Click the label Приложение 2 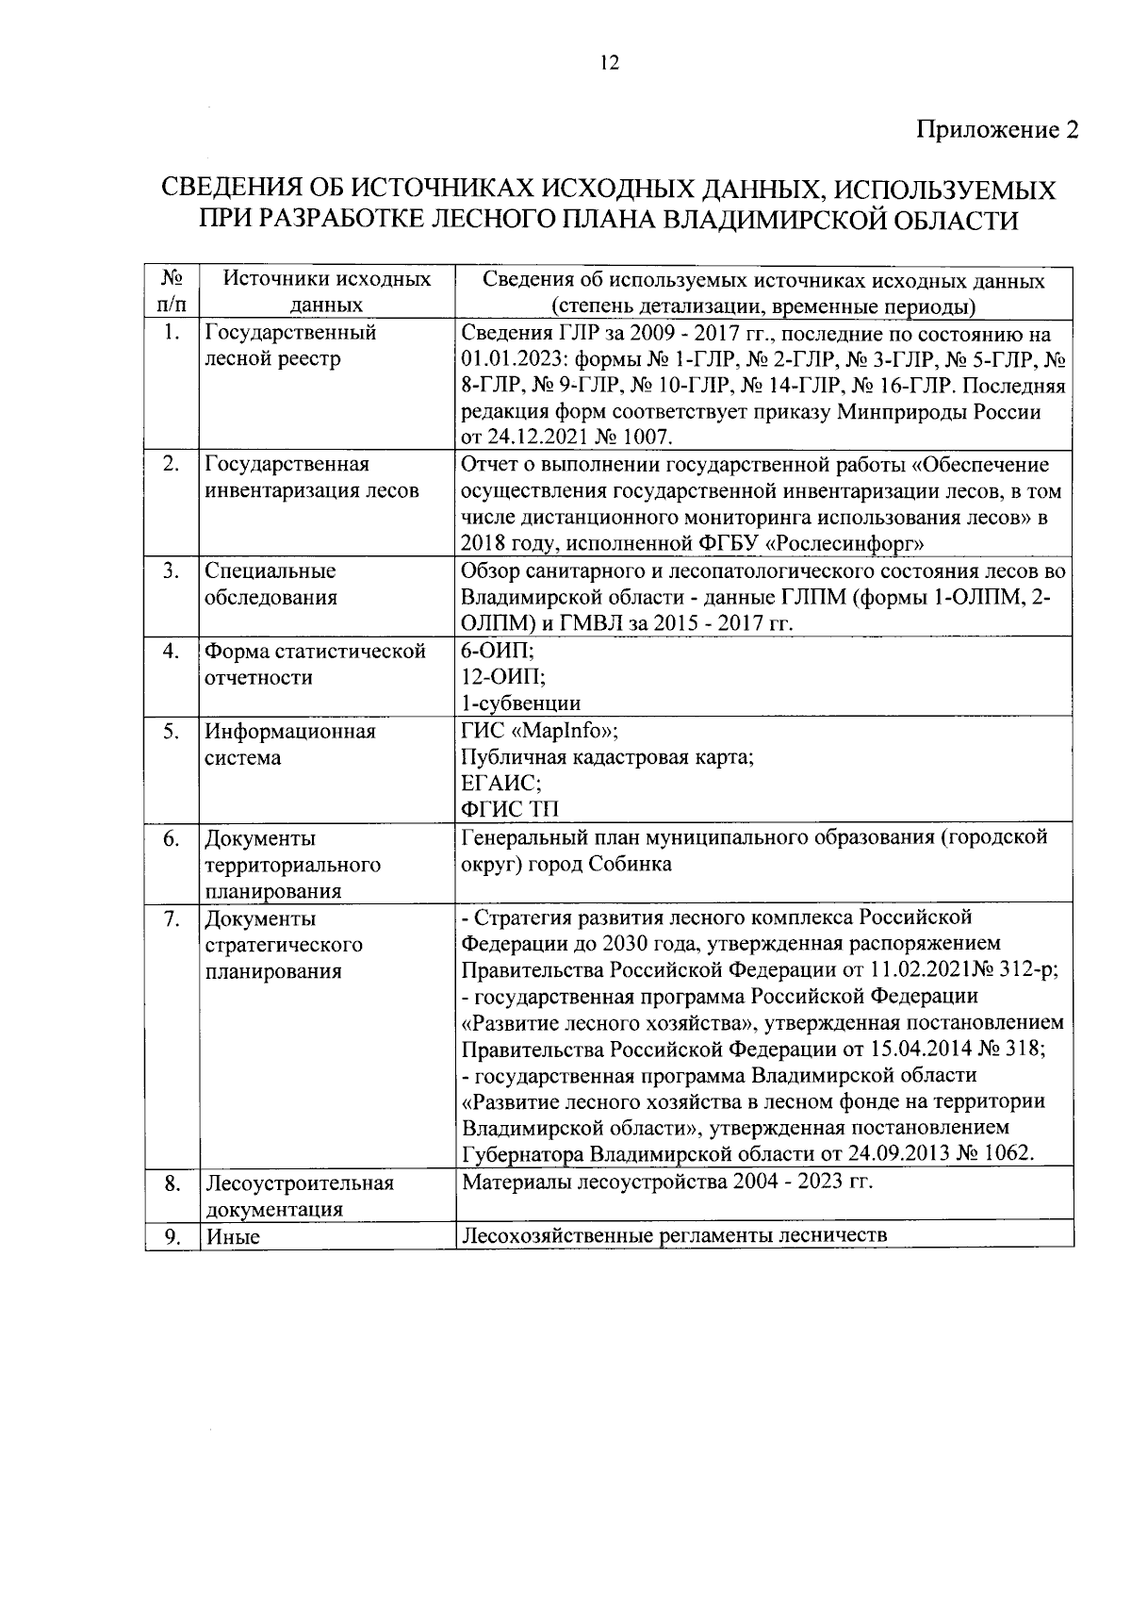tap(997, 130)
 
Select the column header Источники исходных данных tap(327, 292)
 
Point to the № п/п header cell tap(172, 292)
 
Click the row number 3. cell tap(172, 571)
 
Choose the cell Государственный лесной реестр tap(290, 346)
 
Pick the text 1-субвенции tap(521, 703)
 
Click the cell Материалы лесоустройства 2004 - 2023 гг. tap(667, 1182)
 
